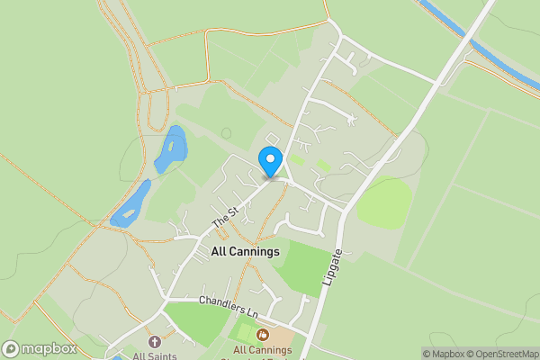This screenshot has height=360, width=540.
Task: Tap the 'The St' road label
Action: click(224, 216)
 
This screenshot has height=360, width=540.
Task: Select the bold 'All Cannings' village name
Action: click(245, 252)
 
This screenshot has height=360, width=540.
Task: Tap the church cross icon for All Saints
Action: click(154, 342)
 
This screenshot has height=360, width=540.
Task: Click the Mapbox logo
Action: click(38, 349)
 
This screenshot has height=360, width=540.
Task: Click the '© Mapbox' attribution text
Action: click(444, 354)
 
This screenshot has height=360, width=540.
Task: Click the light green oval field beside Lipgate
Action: click(384, 202)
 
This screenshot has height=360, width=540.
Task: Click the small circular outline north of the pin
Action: click(226, 133)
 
